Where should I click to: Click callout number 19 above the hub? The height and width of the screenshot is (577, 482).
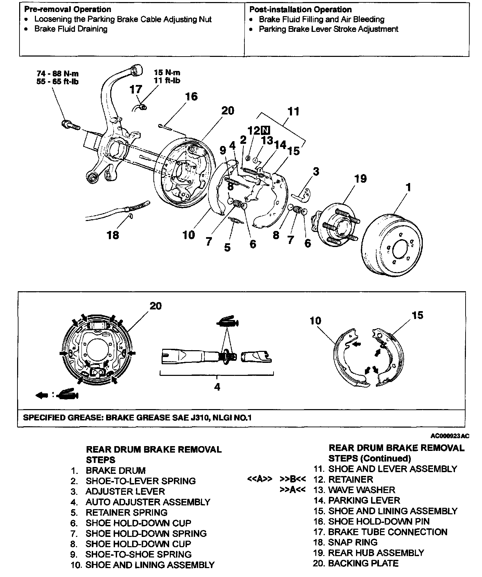coord(360,179)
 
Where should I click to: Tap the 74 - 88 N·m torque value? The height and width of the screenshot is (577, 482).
coord(58,74)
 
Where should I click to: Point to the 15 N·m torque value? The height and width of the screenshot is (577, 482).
coord(167,73)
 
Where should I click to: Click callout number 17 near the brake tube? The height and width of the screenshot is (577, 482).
coord(136,90)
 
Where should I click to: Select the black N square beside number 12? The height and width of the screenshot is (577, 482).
coord(265,130)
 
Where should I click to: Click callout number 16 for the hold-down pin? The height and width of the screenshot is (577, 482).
coord(191,97)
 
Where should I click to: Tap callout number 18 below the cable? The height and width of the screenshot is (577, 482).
coord(113,235)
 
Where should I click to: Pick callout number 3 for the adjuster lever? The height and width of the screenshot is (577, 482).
coord(316,171)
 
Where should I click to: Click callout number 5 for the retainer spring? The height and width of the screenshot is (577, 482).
coord(227,247)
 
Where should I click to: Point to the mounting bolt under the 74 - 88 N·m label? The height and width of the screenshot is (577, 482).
coord(70,125)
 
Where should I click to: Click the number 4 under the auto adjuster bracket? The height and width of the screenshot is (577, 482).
coord(217,387)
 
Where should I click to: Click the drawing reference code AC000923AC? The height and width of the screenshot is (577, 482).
coord(449,436)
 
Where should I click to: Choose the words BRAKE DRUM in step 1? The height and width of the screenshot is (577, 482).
coord(116,470)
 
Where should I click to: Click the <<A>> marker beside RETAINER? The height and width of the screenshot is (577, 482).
coord(259,479)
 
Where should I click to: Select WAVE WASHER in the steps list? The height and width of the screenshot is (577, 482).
coord(361,490)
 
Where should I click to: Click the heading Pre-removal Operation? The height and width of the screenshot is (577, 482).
coord(67,10)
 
